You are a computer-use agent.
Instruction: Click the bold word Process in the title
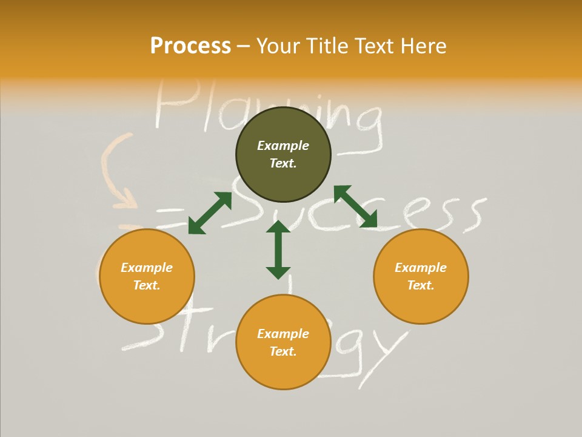pyautogui.click(x=190, y=46)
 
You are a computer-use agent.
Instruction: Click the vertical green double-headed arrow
pyautogui.click(x=278, y=249)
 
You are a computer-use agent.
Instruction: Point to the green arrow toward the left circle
pyautogui.click(x=210, y=213)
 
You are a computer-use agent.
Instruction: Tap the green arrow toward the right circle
pyautogui.click(x=355, y=206)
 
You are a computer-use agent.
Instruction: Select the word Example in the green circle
pyautogui.click(x=283, y=146)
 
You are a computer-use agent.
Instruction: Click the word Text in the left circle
pyautogui.click(x=147, y=285)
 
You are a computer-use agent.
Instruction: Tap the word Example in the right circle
pyautogui.click(x=421, y=268)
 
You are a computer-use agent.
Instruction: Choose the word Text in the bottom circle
pyautogui.click(x=283, y=351)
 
